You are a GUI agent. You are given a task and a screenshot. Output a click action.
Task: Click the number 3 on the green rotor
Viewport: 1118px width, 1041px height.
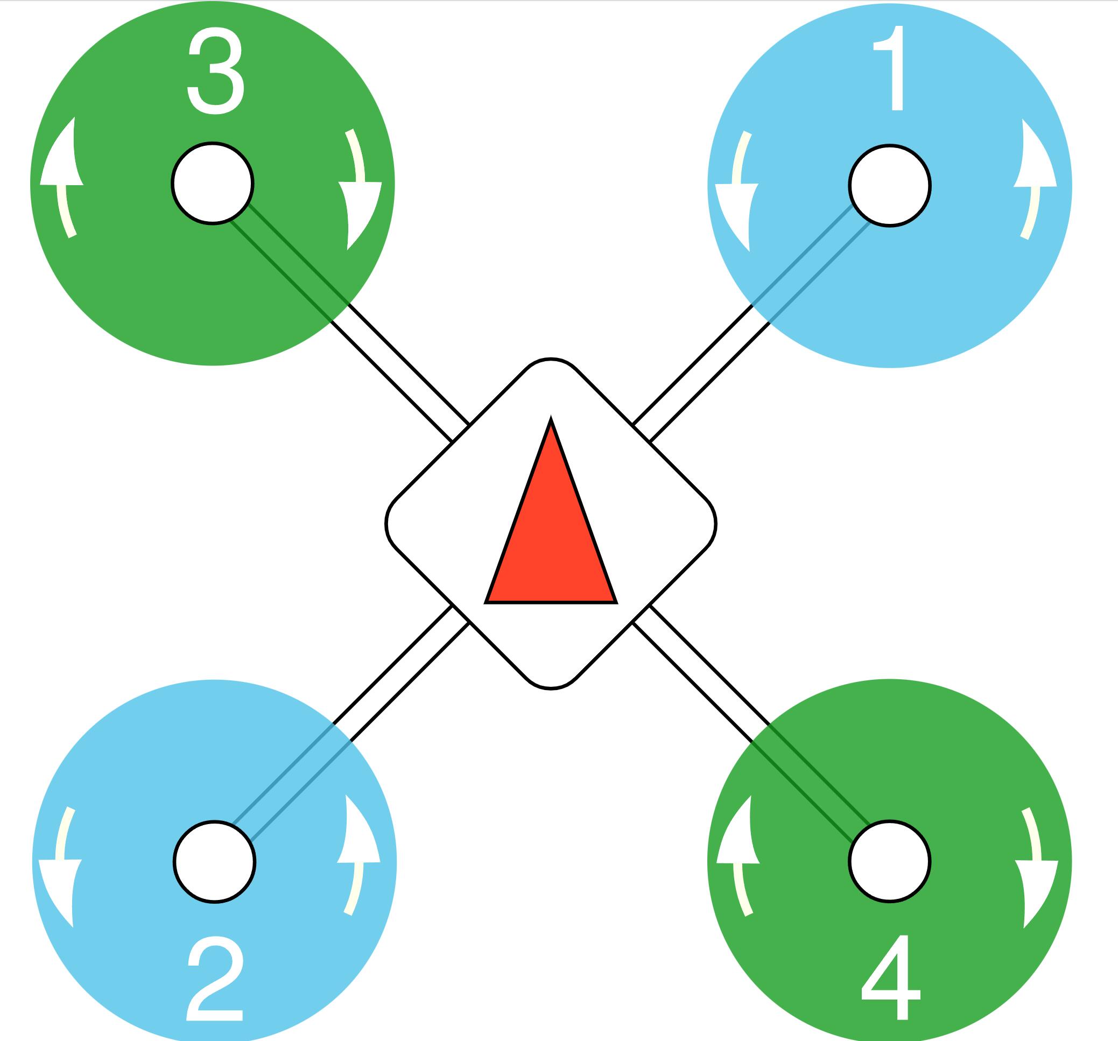pyautogui.click(x=216, y=72)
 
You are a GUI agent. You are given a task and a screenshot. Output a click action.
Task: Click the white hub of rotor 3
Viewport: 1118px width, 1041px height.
pyautogui.click(x=213, y=184)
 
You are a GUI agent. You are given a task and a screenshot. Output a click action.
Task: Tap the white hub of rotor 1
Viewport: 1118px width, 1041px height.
pyautogui.click(x=890, y=186)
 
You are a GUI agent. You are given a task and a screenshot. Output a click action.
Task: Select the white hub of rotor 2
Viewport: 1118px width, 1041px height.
pyautogui.click(x=215, y=862)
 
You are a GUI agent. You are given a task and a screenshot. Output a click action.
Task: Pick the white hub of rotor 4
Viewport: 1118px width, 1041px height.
pyautogui.click(x=890, y=862)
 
